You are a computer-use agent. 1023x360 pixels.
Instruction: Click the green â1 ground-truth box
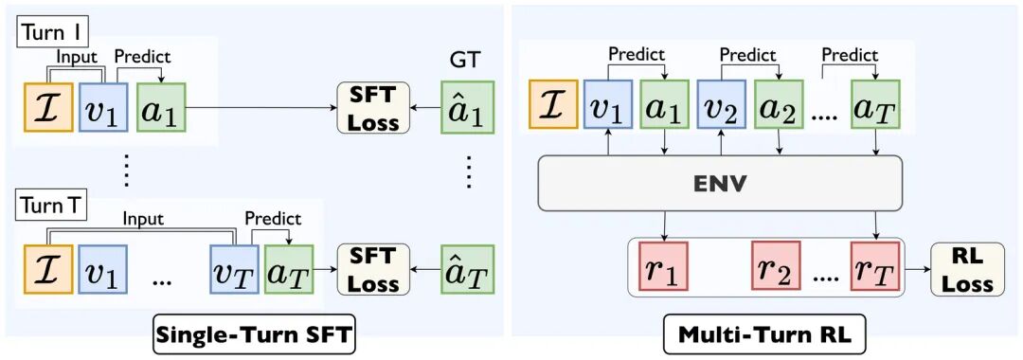[x=467, y=106]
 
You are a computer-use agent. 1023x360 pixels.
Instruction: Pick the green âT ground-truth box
[x=467, y=269]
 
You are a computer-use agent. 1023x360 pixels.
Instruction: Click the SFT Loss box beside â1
[x=372, y=107]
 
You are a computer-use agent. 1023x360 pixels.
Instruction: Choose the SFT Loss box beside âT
[x=372, y=269]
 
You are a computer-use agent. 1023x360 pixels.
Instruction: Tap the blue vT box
[x=234, y=269]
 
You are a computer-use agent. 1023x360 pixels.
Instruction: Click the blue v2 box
[x=722, y=104]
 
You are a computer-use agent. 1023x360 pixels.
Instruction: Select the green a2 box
[x=779, y=104]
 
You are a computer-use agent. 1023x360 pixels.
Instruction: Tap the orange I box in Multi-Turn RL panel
[x=553, y=104]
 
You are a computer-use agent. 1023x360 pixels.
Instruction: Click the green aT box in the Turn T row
[x=289, y=269]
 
